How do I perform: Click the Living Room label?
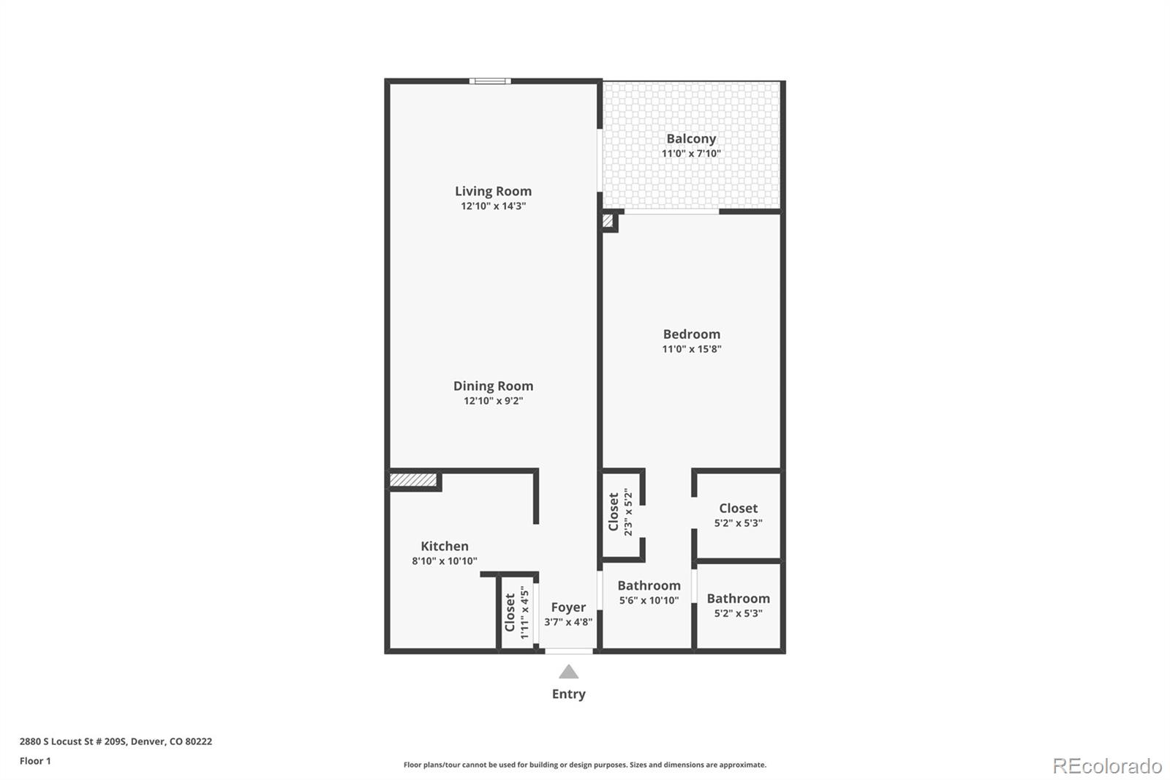point(493,191)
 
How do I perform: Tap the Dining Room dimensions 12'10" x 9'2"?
point(493,401)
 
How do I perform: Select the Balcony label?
point(691,138)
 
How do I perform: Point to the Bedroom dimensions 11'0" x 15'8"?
point(692,349)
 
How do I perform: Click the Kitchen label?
point(445,546)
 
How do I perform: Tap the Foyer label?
point(568,607)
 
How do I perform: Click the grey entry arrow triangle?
point(568,672)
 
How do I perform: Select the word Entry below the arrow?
point(568,694)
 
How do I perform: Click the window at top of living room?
point(489,81)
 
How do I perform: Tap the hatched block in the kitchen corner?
point(412,480)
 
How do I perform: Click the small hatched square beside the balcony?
point(607,220)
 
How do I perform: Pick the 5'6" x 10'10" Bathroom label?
point(649,585)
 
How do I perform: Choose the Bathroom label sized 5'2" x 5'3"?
point(738,599)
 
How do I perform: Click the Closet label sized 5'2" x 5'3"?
point(738,508)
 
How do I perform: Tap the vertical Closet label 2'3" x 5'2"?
point(614,511)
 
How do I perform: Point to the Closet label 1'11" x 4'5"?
point(510,612)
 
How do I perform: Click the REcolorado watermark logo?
point(1107,765)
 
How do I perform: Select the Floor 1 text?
point(35,761)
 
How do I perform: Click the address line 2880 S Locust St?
point(116,741)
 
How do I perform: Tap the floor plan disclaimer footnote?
point(585,765)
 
